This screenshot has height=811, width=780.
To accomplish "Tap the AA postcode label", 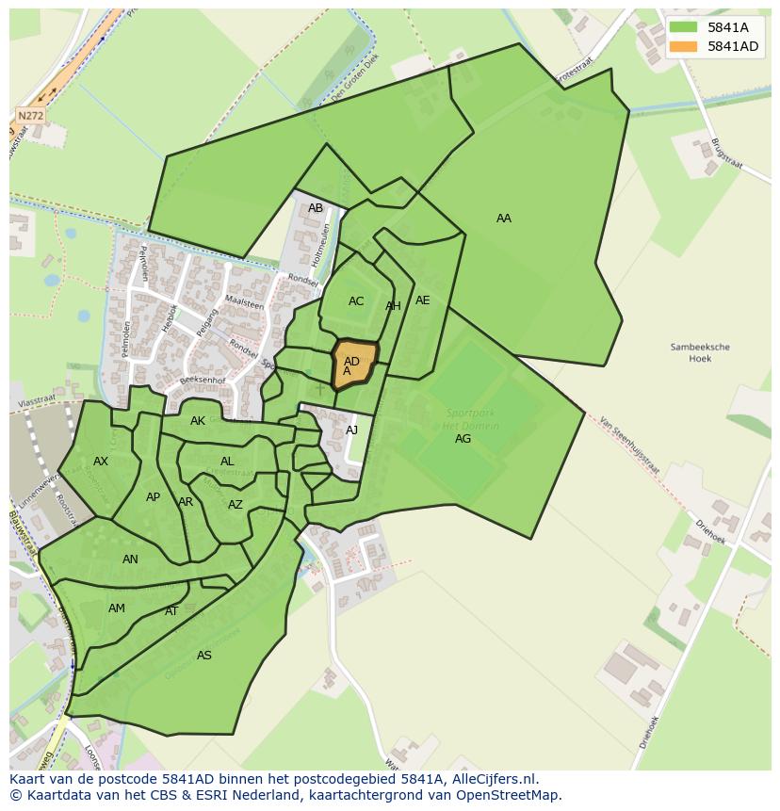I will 504,219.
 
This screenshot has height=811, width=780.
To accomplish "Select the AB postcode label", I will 316,208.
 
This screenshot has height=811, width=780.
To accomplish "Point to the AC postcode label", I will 356,301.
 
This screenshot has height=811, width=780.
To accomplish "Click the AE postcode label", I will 423,300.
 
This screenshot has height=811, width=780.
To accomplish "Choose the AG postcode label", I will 463,439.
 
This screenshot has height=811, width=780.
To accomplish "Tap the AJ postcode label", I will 352,430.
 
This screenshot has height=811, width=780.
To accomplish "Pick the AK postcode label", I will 198,421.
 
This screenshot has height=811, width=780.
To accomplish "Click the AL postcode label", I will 227,462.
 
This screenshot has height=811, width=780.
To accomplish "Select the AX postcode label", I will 101,462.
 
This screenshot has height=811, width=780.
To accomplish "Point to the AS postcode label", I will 204,656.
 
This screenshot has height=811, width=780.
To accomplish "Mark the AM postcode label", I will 117,608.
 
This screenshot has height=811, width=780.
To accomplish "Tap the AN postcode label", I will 130,560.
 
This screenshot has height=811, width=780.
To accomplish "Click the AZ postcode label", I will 236,505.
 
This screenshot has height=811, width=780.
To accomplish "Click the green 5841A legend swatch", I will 685,27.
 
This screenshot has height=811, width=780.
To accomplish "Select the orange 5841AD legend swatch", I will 685,46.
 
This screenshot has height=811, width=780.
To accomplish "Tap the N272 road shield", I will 31,116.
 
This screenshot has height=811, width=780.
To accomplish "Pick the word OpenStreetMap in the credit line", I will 512,795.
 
